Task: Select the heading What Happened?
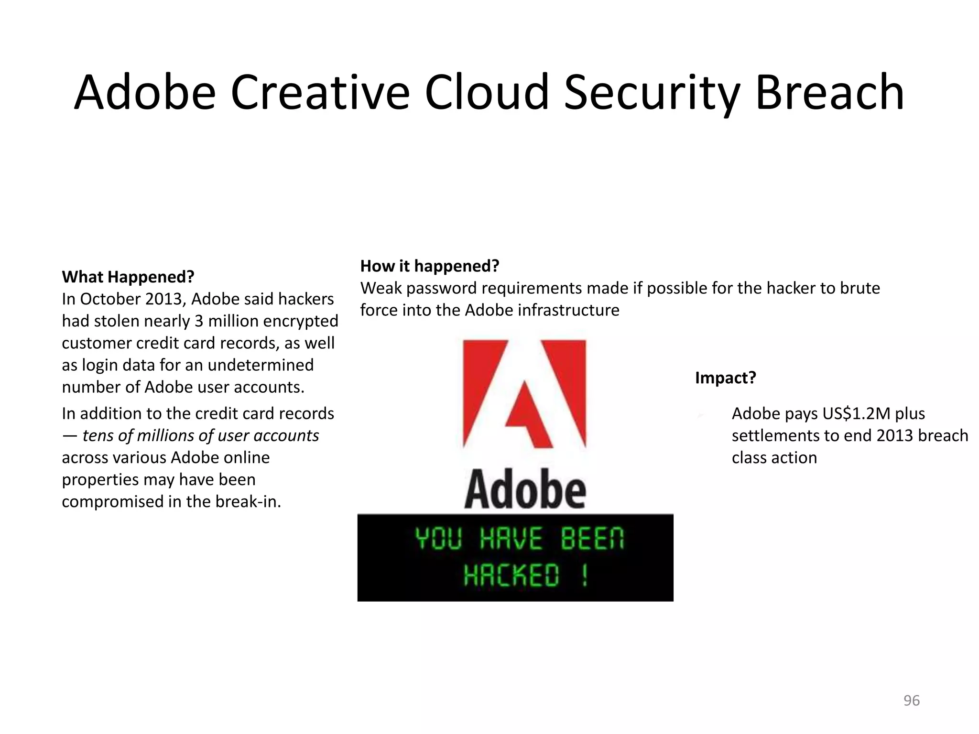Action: (128, 277)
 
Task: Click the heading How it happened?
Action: (429, 266)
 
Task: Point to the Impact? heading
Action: (725, 378)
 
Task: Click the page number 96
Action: (911, 701)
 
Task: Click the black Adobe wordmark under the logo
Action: (525, 490)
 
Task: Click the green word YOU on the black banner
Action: (438, 539)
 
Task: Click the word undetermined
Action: (261, 365)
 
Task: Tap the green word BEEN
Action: (592, 539)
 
